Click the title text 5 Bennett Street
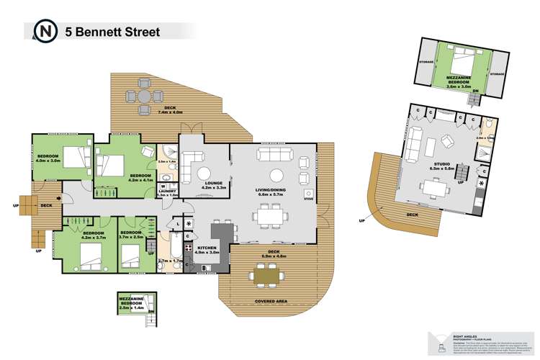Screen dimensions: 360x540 112,31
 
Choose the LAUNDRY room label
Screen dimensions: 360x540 168,192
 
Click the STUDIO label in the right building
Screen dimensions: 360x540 442,165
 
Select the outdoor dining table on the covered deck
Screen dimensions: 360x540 266,274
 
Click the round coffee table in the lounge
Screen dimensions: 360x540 204,172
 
